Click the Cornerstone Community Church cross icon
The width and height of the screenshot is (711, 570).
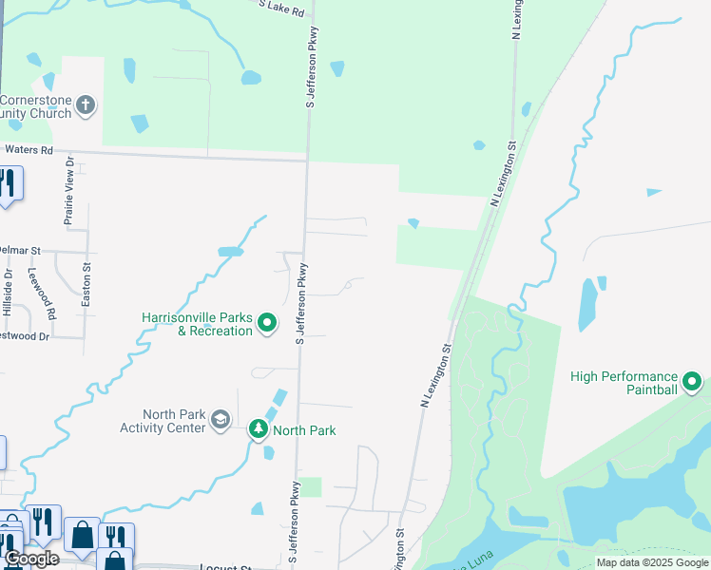[86, 104]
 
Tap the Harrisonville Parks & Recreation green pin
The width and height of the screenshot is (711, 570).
[267, 324]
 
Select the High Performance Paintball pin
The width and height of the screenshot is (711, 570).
[692, 383]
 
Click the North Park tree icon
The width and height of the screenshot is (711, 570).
[258, 429]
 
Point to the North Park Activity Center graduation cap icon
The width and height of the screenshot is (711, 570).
[221, 421]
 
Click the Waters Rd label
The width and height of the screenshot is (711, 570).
[29, 149]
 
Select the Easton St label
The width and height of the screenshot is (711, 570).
[86, 284]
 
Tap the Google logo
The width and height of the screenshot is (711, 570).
[31, 559]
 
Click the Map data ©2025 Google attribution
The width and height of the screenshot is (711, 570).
[652, 562]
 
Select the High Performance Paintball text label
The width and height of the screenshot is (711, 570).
[625, 383]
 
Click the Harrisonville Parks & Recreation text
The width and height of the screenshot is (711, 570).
[197, 324]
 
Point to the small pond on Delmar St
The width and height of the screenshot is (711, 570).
[230, 252]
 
